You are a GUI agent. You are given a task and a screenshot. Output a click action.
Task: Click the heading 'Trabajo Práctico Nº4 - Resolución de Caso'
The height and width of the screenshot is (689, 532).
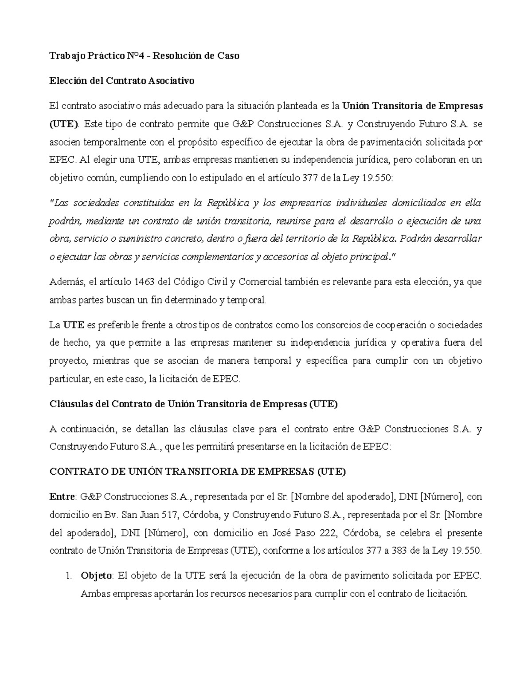[x=144, y=56]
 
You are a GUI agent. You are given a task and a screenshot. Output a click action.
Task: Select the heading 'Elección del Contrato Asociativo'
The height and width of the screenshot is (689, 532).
[x=122, y=81]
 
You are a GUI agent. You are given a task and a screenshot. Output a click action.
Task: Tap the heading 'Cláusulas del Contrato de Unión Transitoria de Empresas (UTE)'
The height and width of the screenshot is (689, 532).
[x=193, y=404]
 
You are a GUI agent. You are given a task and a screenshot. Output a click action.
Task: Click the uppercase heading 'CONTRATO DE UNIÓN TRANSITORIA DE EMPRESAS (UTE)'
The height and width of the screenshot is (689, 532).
[x=197, y=472]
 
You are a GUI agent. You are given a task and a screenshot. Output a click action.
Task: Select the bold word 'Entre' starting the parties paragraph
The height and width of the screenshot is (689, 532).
[x=63, y=496]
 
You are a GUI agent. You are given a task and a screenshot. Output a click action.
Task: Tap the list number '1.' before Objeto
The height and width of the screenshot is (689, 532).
[x=68, y=576]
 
